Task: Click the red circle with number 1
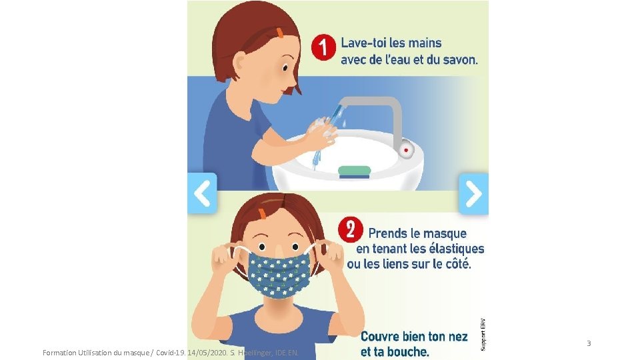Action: pos(324,48)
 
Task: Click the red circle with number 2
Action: pos(351,231)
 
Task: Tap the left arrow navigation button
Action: pos(202,193)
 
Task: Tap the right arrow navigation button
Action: pos(473,193)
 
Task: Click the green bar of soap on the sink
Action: pos(354,172)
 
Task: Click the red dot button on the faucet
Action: pos(405,151)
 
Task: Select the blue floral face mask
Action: pos(279,269)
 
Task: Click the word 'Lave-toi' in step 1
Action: pos(363,43)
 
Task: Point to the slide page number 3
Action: pos(589,343)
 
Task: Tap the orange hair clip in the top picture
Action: pos(281,32)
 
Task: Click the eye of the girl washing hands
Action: pos(284,67)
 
